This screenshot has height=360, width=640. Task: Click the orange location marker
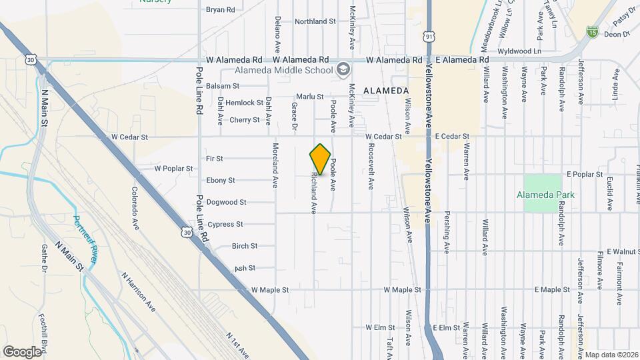coord(320,159)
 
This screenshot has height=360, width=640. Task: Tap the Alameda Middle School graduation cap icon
coord(343,69)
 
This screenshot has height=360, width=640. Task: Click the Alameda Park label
coord(545,195)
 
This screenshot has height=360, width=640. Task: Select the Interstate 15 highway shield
coord(592,31)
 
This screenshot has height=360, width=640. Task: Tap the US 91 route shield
coord(428,36)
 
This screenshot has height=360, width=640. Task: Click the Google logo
coord(22,351)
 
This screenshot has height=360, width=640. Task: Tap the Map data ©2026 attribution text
coord(612,354)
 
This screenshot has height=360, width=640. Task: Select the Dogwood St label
coord(226,202)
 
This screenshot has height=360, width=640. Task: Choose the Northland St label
coord(315,21)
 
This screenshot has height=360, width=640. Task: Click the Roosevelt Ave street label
coord(371,167)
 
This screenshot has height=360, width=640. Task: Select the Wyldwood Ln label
coord(518,51)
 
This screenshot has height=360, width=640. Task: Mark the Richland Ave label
coord(313,193)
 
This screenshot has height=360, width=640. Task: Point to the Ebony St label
coord(221,180)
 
